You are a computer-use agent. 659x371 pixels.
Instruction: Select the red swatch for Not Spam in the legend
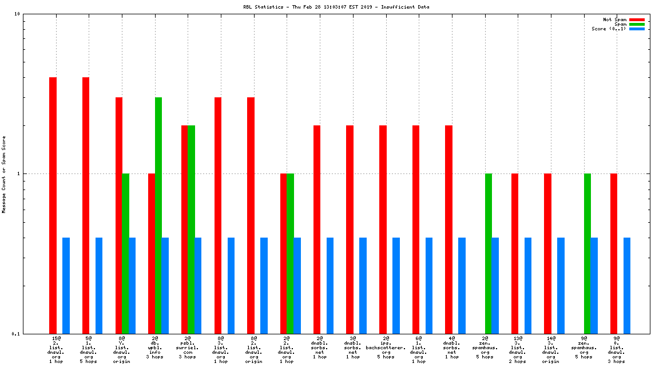[637, 19]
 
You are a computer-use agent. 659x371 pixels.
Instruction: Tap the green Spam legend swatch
[637, 24]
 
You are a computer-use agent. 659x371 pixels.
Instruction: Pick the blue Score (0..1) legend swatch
[637, 29]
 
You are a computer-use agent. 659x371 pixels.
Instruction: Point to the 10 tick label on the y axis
[17, 14]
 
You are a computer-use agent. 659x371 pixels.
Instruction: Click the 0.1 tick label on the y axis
[16, 334]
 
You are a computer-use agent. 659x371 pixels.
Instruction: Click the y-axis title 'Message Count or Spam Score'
[4, 175]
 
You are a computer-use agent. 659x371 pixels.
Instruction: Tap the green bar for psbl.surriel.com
[191, 229]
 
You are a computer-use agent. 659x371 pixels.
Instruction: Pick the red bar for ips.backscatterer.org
[383, 229]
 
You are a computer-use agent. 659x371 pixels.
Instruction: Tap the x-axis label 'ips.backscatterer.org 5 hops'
[386, 348]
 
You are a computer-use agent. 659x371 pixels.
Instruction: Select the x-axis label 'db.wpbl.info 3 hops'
[155, 348]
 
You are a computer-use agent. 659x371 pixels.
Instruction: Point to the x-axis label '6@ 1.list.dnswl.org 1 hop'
[419, 350]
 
